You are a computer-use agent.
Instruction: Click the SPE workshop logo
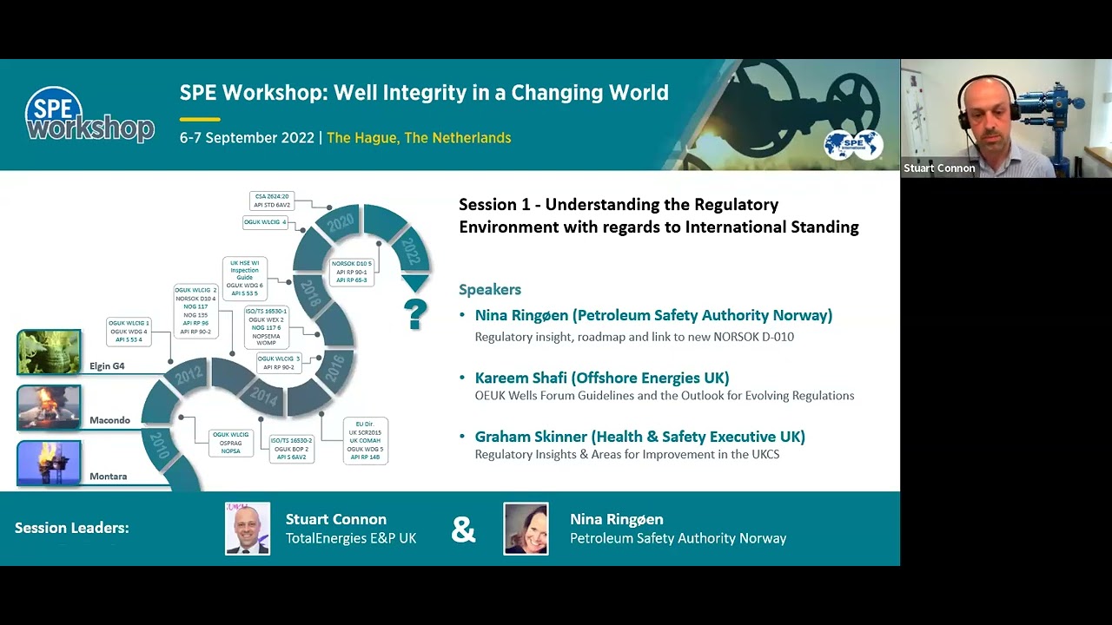[89, 115]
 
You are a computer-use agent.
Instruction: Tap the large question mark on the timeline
[415, 314]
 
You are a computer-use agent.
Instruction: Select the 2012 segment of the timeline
[188, 376]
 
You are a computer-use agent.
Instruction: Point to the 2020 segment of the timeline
[340, 223]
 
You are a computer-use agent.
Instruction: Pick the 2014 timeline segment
[262, 396]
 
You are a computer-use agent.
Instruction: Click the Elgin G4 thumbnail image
[50, 352]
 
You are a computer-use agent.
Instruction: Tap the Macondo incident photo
[50, 408]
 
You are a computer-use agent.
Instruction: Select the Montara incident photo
[50, 464]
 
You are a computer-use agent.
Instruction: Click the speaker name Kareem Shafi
[601, 378]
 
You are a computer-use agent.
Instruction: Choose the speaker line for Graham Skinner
[639, 437]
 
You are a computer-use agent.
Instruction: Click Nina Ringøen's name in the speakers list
[653, 315]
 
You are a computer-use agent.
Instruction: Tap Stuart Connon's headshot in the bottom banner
[248, 529]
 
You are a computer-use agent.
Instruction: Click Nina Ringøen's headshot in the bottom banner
[526, 529]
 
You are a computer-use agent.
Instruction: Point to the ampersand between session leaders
[463, 530]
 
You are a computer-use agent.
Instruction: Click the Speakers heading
[490, 289]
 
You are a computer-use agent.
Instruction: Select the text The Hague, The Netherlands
[419, 138]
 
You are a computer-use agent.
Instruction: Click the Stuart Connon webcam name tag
[939, 168]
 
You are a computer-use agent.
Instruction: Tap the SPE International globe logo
[853, 145]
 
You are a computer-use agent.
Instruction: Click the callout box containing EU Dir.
[365, 440]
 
